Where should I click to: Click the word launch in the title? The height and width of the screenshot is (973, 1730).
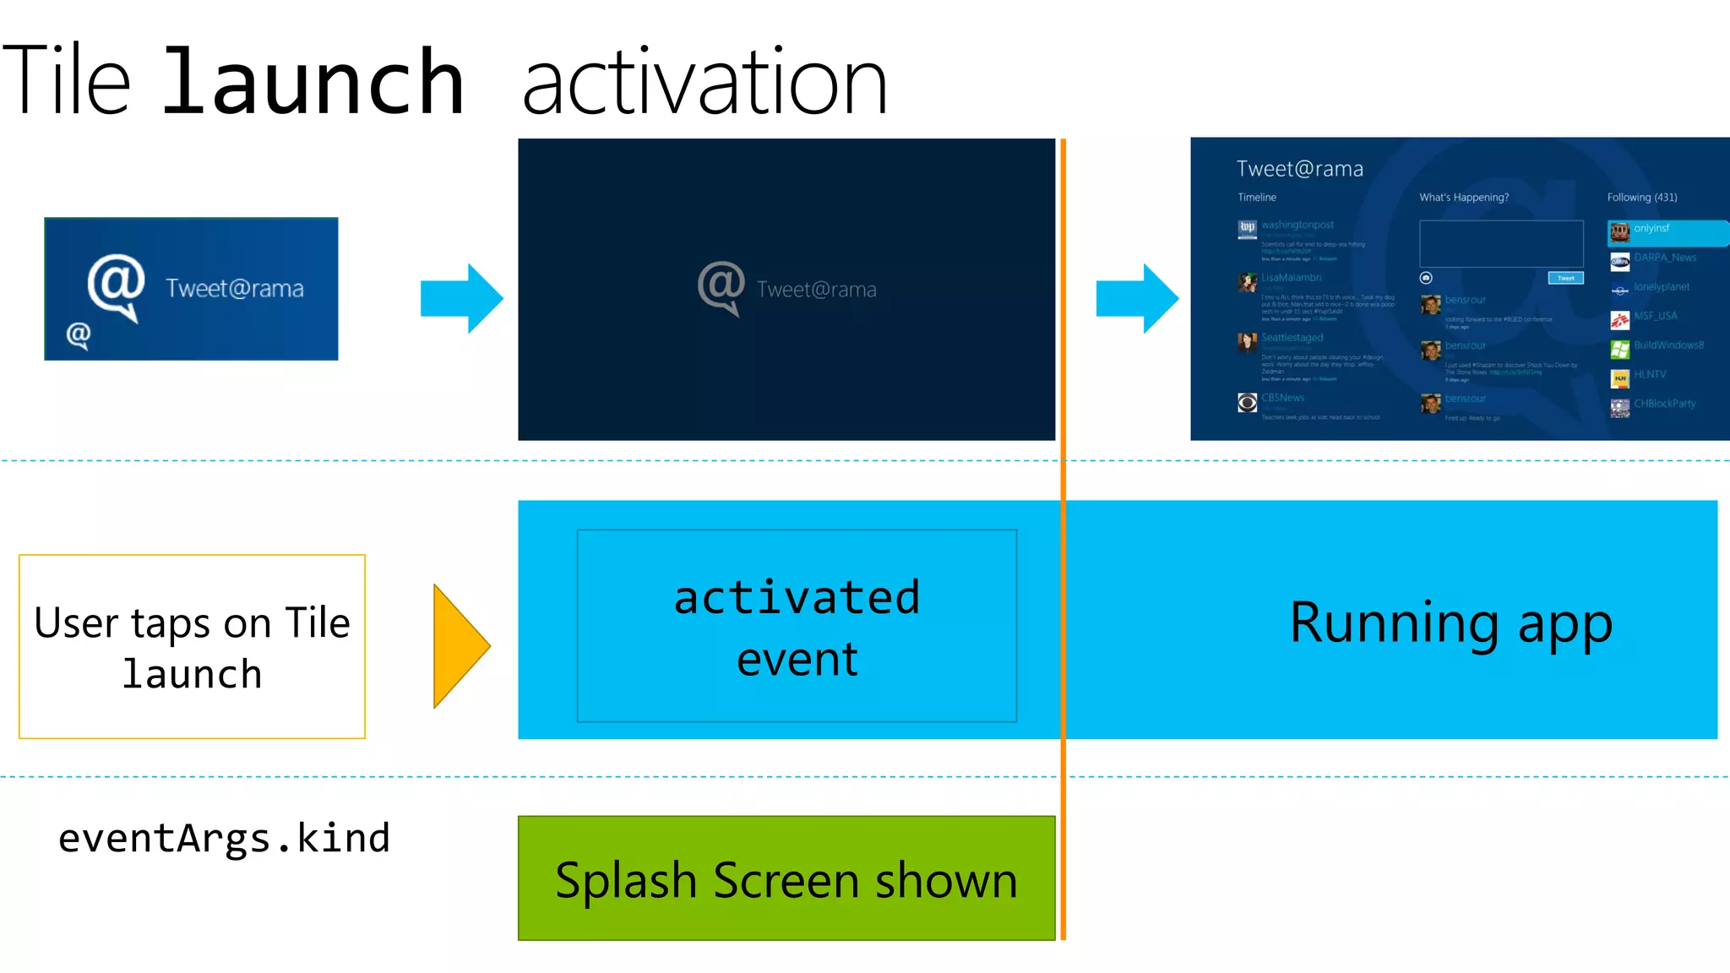[x=313, y=83]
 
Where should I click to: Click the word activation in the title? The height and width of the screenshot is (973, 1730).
[x=705, y=83]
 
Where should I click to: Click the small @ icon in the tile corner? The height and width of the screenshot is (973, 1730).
[x=79, y=335]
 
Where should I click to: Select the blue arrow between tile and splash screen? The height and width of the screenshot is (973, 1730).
[x=461, y=298]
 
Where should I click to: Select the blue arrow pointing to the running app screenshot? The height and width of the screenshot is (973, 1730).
[x=1137, y=298]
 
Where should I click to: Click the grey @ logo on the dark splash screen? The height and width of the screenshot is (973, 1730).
[x=721, y=286]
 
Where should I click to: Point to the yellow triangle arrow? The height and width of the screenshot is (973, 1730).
[x=459, y=646]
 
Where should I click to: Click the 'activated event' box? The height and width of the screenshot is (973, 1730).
[x=797, y=626]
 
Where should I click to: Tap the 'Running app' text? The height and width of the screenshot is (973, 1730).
[x=1450, y=622]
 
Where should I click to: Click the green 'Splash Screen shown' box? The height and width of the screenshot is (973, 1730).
[x=786, y=878]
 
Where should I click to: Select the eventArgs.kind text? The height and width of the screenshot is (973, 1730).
[x=224, y=838]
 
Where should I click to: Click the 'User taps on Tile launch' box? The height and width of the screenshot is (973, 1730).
[x=192, y=646]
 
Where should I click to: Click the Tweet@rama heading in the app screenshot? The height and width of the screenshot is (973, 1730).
[x=1299, y=169]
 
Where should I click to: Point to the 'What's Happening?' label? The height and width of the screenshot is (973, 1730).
[x=1463, y=198]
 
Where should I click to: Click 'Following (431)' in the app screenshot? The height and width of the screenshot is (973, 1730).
[x=1641, y=198]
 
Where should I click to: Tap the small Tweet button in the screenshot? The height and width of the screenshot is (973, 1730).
[x=1565, y=278]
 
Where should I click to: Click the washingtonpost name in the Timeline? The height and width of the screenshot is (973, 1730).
[x=1297, y=225]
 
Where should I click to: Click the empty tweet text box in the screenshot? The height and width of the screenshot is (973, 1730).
[x=1501, y=244]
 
